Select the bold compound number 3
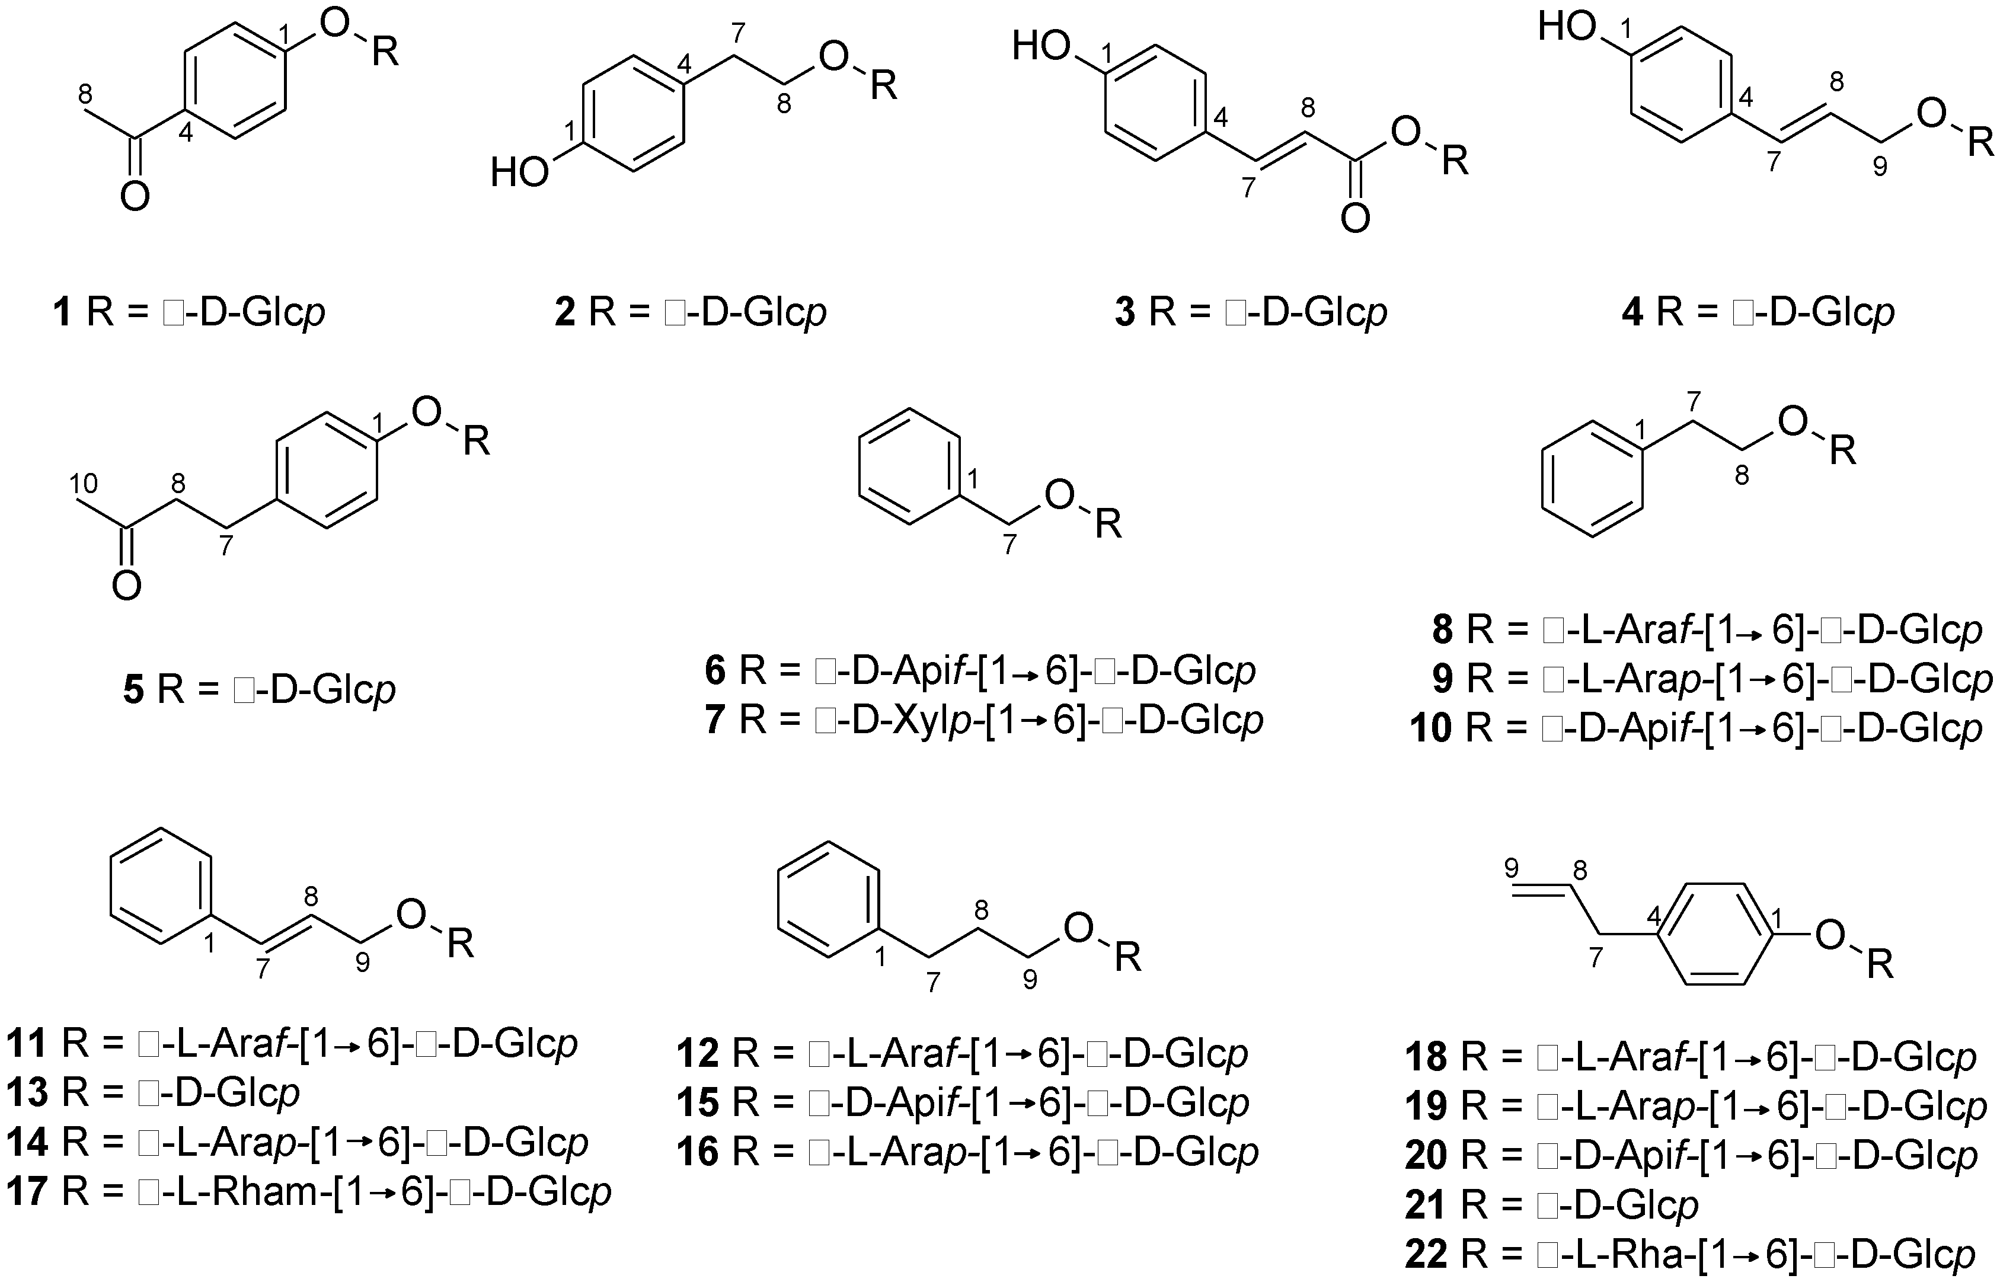[1125, 313]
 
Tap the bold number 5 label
[133, 690]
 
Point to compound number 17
[27, 1192]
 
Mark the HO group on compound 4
[1566, 28]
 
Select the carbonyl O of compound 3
[1354, 219]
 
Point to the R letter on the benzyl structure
[1108, 525]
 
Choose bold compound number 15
[698, 1102]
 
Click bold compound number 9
[1443, 679]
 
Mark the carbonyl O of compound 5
[127, 587]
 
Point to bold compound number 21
[1426, 1204]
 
